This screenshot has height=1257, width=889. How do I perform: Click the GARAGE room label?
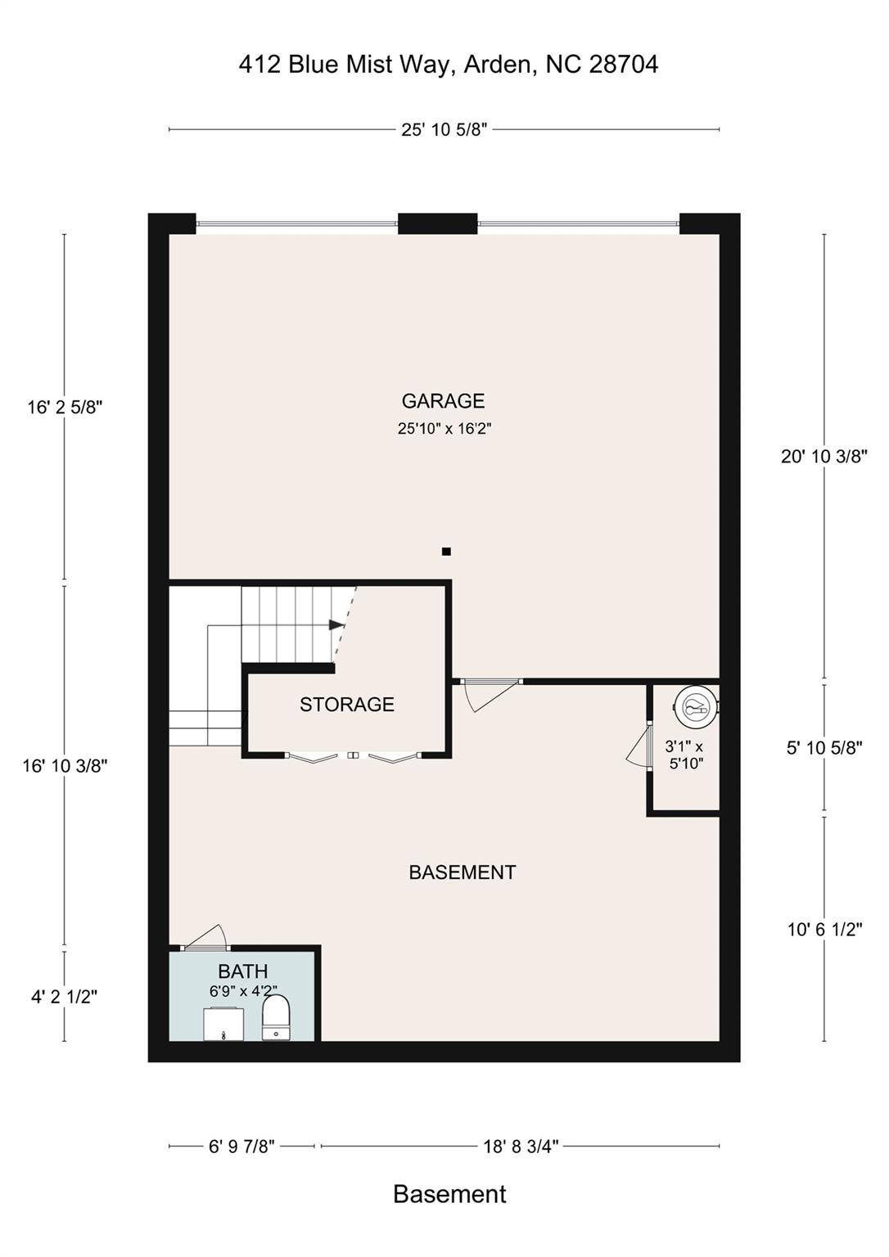pyautogui.click(x=443, y=401)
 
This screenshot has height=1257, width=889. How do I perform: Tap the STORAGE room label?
pyautogui.click(x=346, y=705)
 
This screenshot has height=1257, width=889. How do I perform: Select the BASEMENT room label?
pyautogui.click(x=462, y=872)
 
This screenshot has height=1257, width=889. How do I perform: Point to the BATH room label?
pyautogui.click(x=243, y=971)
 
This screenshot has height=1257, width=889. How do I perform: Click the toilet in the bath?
pyautogui.click(x=276, y=1017)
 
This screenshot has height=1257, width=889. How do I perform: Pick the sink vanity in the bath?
pyautogui.click(x=223, y=1024)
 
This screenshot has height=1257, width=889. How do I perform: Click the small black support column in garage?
pyautogui.click(x=446, y=552)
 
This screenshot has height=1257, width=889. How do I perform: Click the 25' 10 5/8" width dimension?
pyautogui.click(x=444, y=130)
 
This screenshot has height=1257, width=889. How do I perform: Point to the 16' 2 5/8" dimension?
pyautogui.click(x=65, y=408)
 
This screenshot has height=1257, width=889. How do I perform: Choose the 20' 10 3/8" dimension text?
pyautogui.click(x=824, y=457)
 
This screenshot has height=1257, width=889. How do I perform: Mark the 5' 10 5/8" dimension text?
pyautogui.click(x=824, y=748)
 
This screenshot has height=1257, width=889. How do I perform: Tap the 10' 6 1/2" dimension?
pyautogui.click(x=824, y=929)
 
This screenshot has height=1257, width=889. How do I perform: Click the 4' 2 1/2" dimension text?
pyautogui.click(x=65, y=997)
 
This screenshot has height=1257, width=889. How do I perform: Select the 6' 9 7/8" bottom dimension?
pyautogui.click(x=241, y=1147)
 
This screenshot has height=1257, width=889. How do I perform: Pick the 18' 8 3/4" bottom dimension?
pyautogui.click(x=521, y=1147)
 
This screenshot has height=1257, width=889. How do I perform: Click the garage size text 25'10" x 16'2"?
pyautogui.click(x=444, y=428)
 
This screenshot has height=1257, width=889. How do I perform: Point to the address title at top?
pyautogui.click(x=449, y=65)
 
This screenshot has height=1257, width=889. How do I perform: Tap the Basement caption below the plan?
pyautogui.click(x=449, y=1194)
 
